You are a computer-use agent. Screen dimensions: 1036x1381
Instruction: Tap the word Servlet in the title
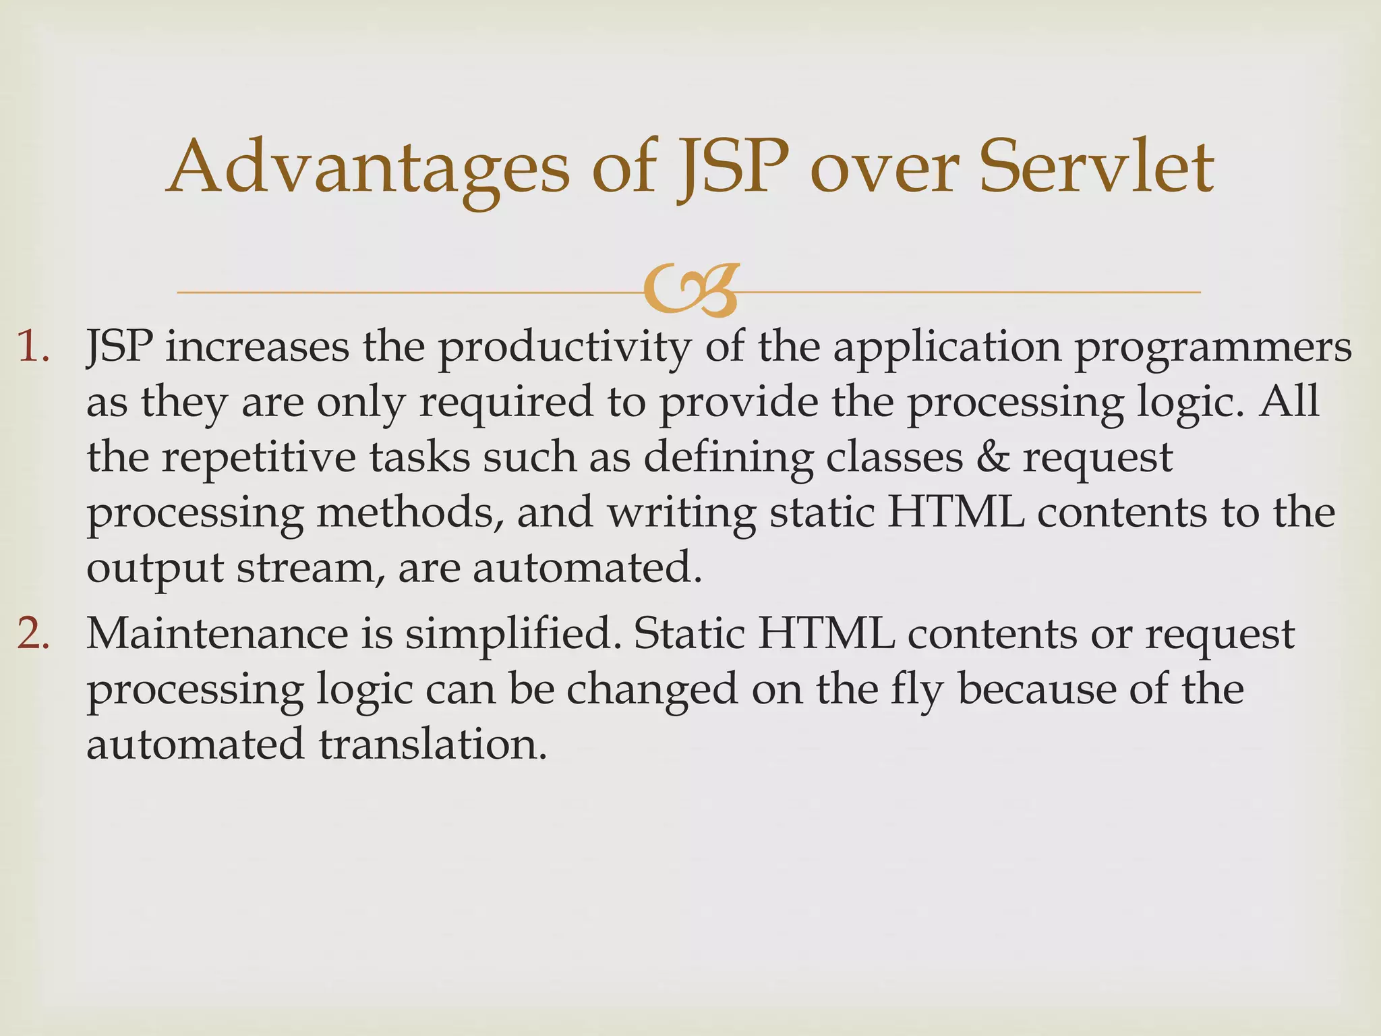tap(1096, 166)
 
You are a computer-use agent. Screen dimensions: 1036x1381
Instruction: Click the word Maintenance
tap(216, 634)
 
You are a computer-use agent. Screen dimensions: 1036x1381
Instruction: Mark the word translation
tap(432, 745)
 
